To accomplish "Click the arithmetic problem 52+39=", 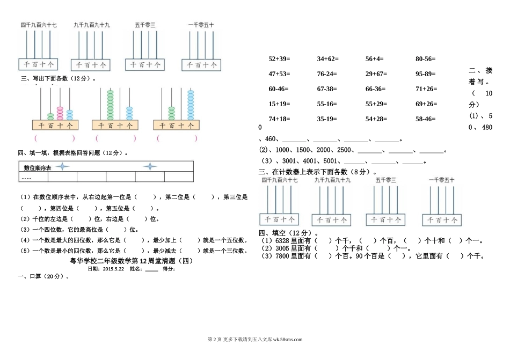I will [x=279, y=58].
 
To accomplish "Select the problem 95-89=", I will [x=426, y=74].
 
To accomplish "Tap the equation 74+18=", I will [x=279, y=119].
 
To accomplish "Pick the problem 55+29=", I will [x=376, y=104].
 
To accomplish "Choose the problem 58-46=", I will [x=426, y=119].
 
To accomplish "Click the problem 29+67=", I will [x=376, y=74].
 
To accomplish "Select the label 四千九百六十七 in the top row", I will [x=39, y=25].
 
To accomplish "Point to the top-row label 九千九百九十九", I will [x=92, y=25].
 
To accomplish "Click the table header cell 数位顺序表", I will [x=37, y=168].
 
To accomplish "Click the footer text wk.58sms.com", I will [x=288, y=339].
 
